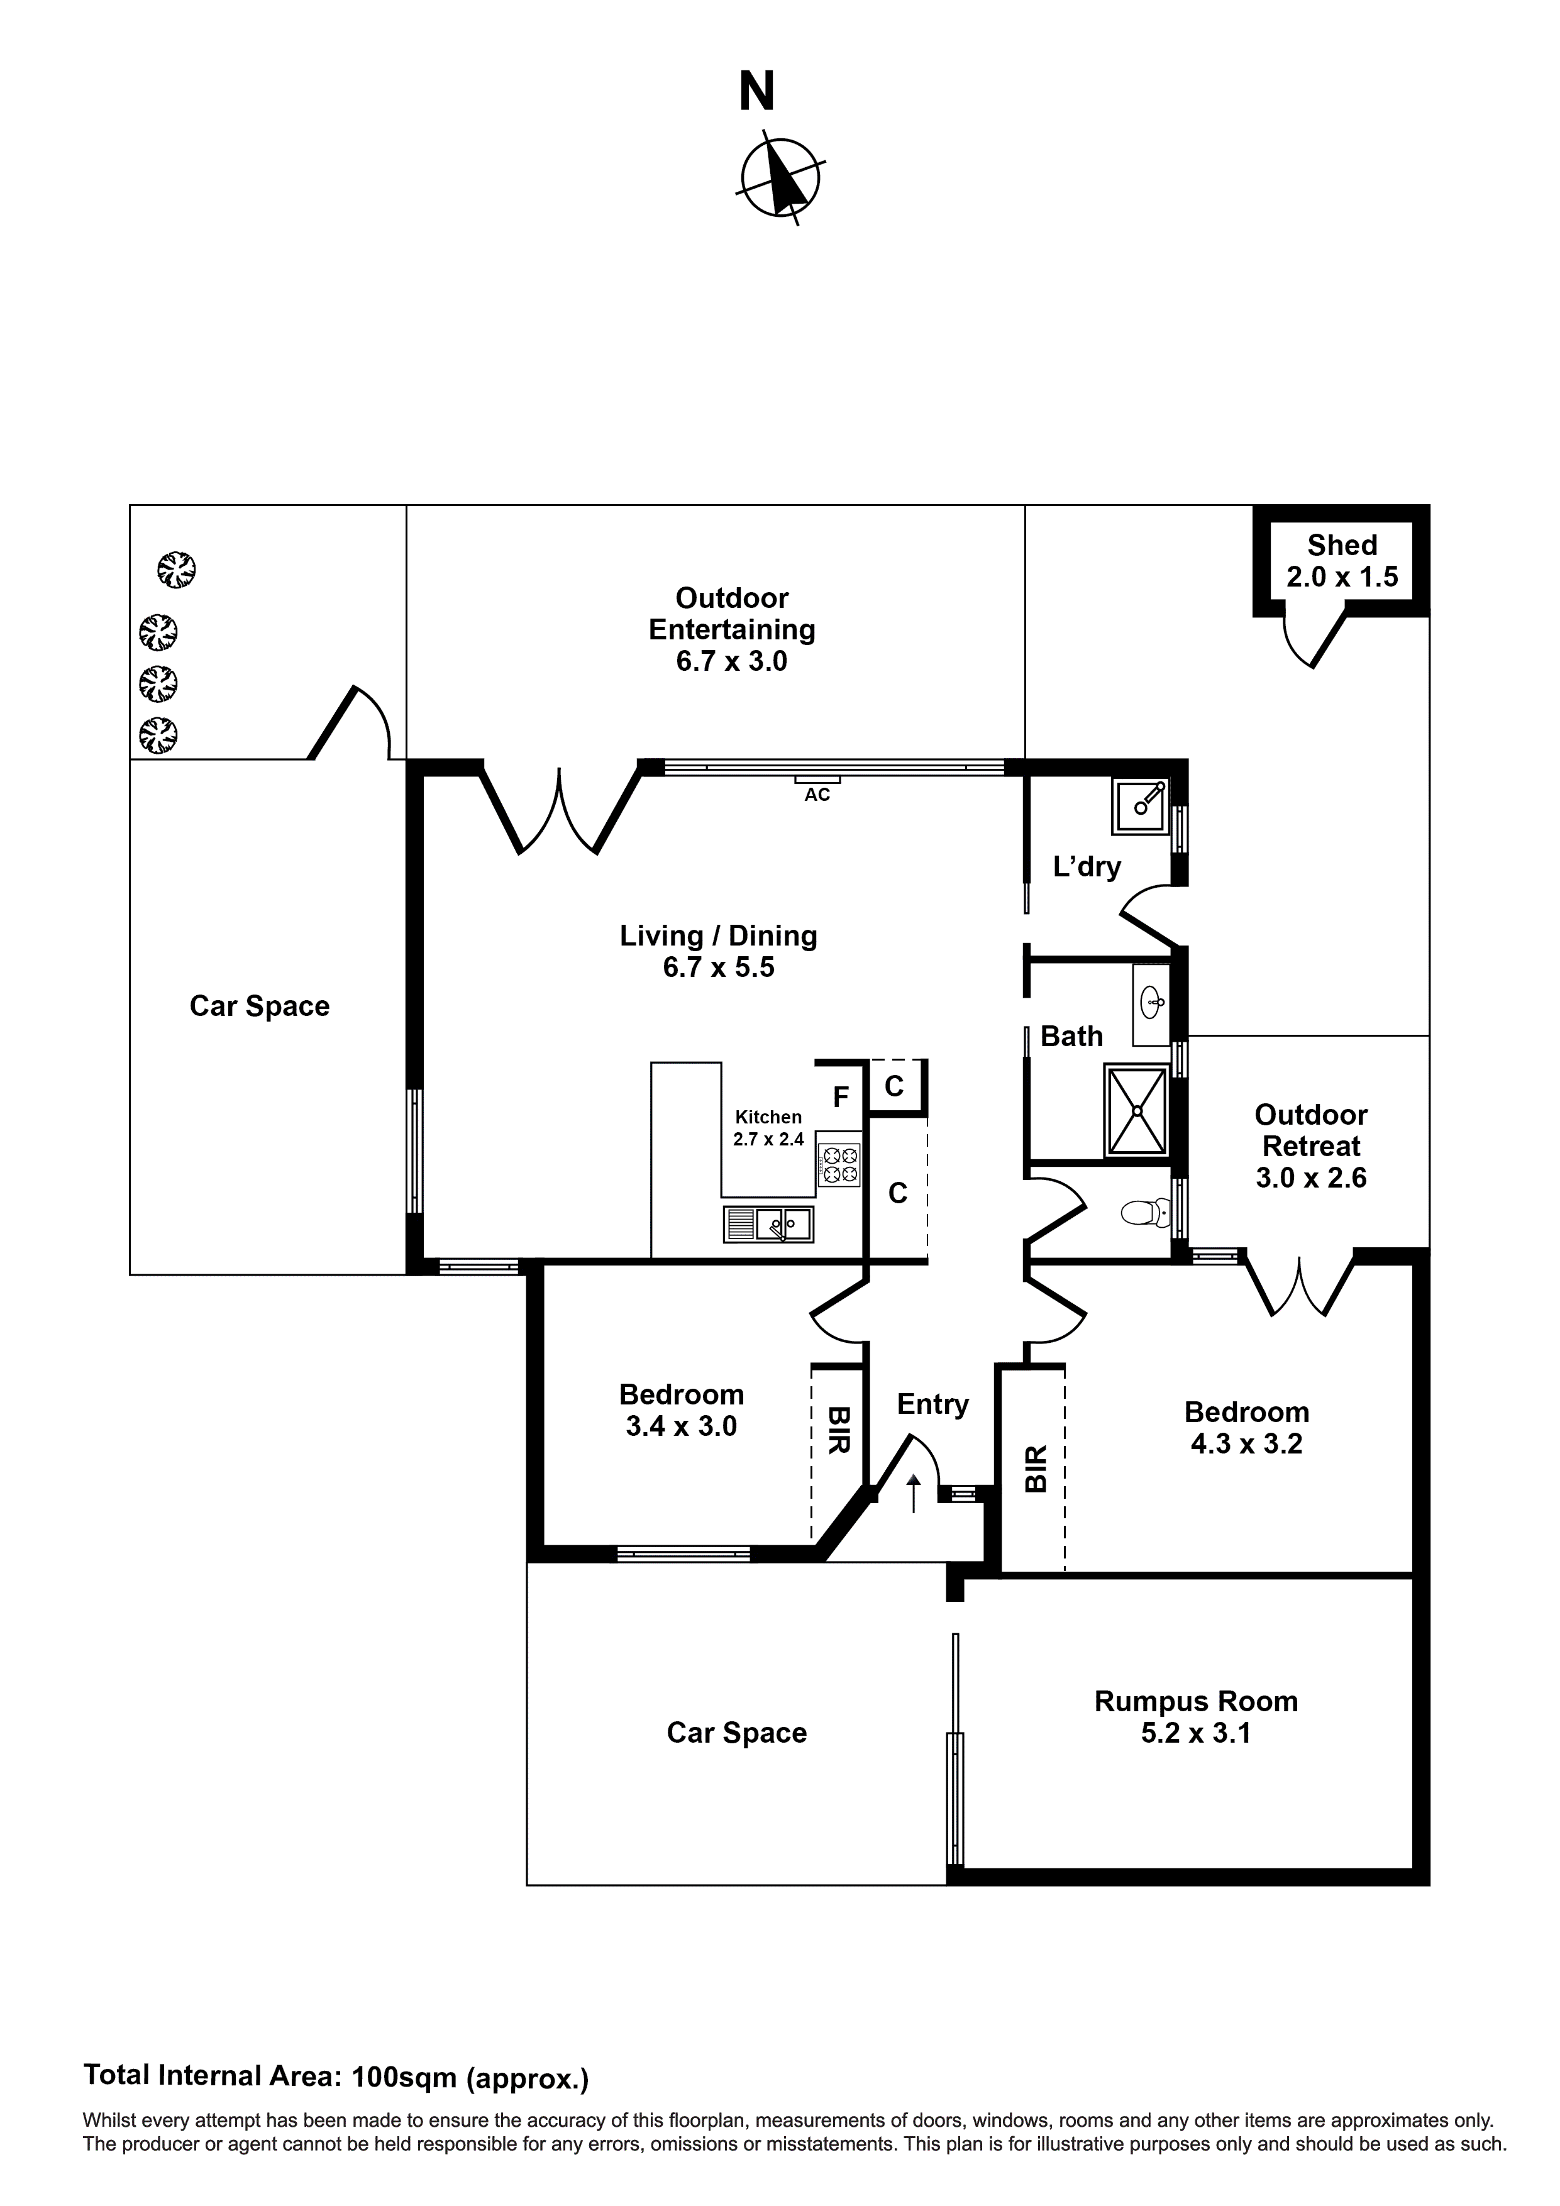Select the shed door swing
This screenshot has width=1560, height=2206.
coord(1315,639)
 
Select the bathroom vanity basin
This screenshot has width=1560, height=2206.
coord(1151,1004)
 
